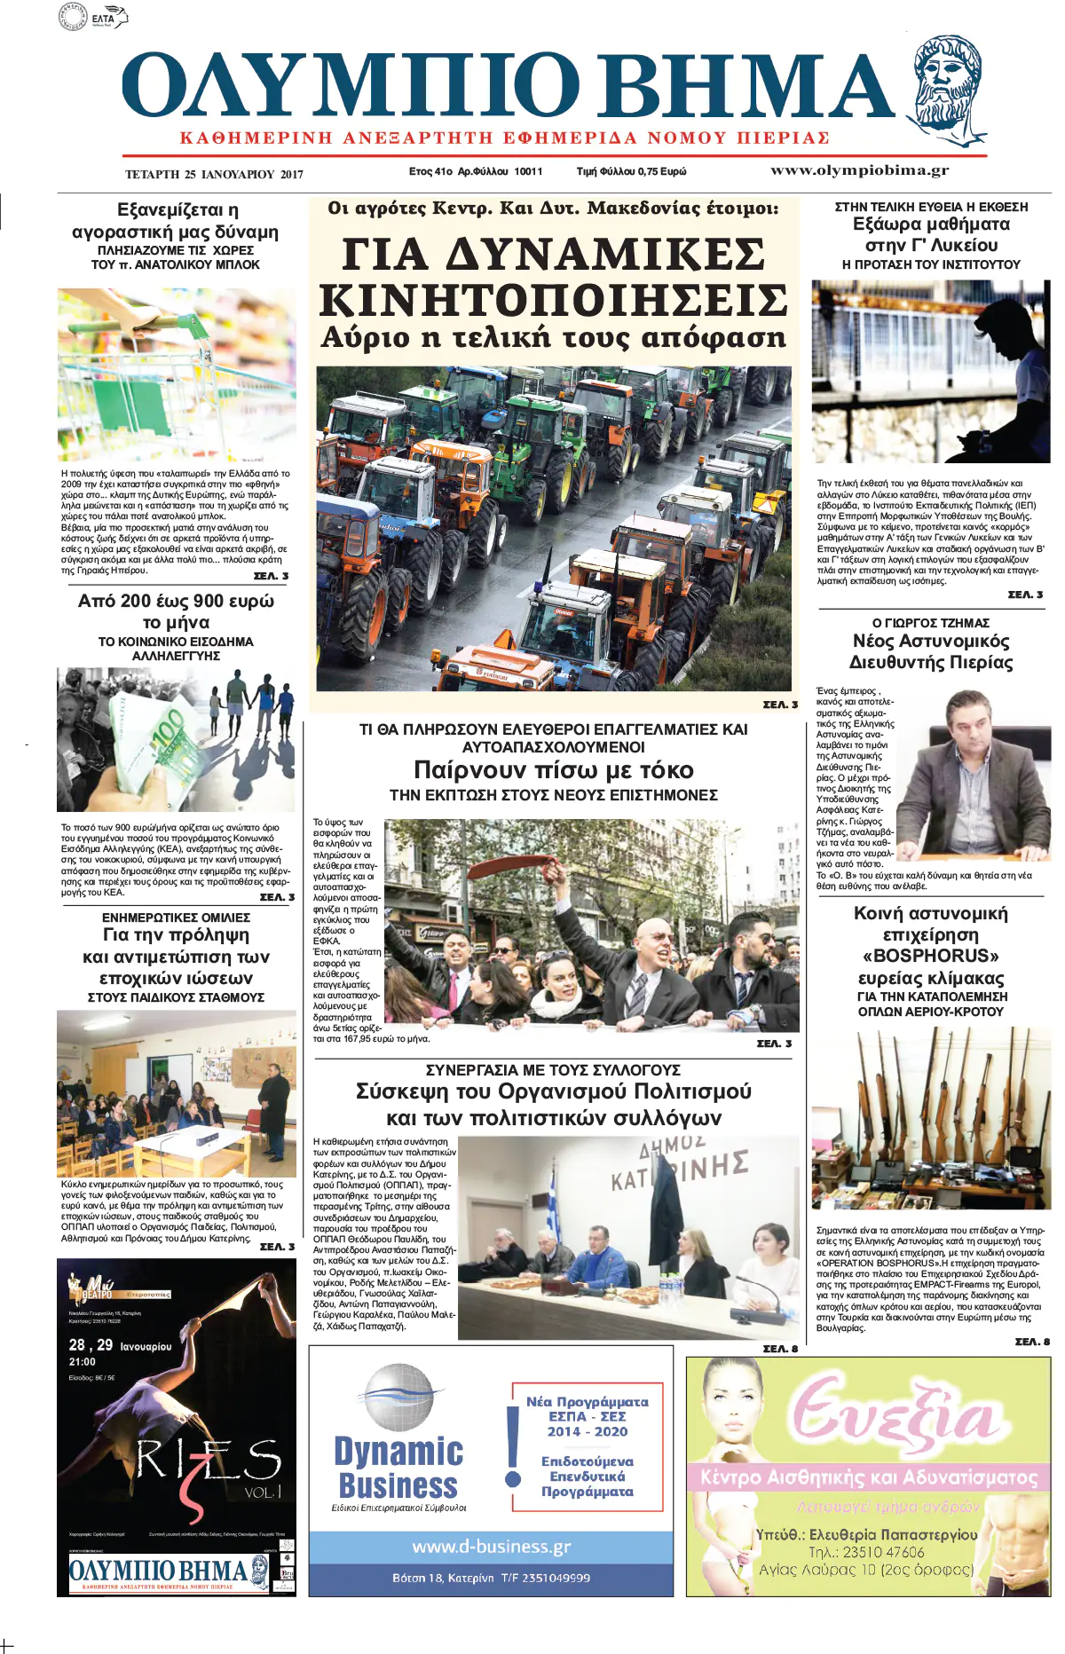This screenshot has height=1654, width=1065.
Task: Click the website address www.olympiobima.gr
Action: click(x=859, y=170)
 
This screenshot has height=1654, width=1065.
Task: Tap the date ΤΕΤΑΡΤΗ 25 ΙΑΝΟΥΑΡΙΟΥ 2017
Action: click(x=214, y=174)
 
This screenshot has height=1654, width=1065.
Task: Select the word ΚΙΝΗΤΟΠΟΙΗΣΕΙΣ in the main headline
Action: click(x=553, y=300)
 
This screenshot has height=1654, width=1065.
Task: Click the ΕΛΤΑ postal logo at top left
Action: click(x=93, y=17)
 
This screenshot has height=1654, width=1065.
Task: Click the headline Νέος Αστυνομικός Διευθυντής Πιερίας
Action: click(x=931, y=651)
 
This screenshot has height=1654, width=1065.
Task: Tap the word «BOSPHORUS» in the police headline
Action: click(x=931, y=956)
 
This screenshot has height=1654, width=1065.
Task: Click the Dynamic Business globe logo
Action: click(x=399, y=1398)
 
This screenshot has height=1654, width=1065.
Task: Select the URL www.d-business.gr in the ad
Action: click(x=492, y=1547)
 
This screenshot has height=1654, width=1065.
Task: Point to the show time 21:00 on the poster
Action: click(x=83, y=1362)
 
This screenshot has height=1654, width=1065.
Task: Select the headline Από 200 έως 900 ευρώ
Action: click(x=176, y=601)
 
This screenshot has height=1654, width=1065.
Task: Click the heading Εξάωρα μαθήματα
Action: click(x=931, y=224)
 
